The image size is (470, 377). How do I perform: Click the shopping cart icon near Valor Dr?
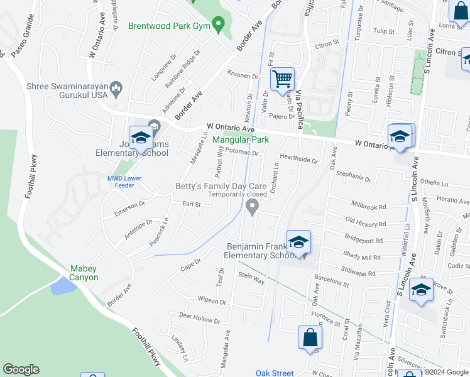[x=283, y=79]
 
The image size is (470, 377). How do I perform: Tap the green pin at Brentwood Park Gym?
[x=219, y=26]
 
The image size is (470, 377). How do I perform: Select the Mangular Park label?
[x=241, y=139]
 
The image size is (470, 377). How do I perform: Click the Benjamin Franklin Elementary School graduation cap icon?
[x=298, y=242]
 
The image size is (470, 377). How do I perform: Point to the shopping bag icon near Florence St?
[x=310, y=337]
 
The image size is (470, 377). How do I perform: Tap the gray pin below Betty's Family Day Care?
[x=253, y=206]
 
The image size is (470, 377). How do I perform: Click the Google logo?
[x=21, y=369]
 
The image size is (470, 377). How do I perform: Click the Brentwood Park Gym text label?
[x=168, y=26]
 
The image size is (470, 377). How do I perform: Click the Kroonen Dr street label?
[x=243, y=75]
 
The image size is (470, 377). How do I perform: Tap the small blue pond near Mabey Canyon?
[x=61, y=287]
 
